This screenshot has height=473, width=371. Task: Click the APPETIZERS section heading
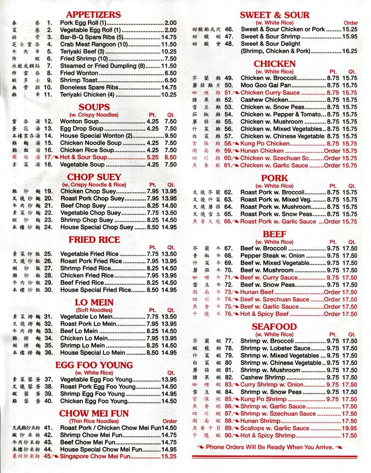(x=93, y=15)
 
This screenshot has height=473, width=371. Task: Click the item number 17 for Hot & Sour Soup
(x=48, y=157)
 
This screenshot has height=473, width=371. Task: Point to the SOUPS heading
(x=94, y=107)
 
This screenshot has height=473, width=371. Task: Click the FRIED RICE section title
(x=94, y=240)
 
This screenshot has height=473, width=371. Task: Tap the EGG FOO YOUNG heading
(x=94, y=365)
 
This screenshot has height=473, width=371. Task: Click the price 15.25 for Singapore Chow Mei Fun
(x=168, y=456)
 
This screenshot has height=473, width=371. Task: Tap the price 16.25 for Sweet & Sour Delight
(x=349, y=51)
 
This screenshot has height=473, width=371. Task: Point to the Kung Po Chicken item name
(x=265, y=143)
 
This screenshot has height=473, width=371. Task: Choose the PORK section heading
(x=274, y=178)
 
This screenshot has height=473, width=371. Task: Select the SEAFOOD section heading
(x=274, y=327)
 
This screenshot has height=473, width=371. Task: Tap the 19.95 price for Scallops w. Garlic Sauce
(x=349, y=428)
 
